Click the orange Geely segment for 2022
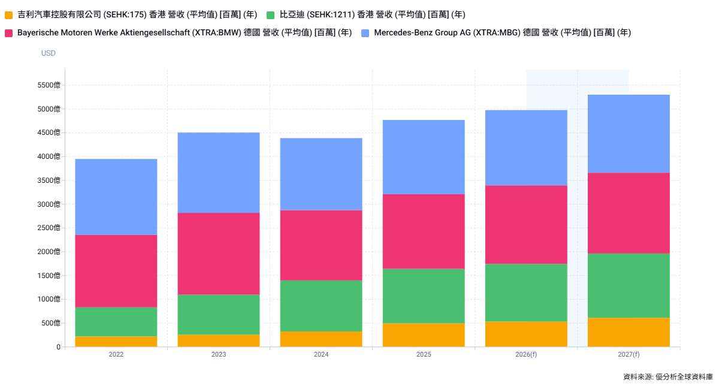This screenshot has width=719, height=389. pyautogui.click(x=116, y=342)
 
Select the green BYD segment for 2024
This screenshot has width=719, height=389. pyautogui.click(x=321, y=306)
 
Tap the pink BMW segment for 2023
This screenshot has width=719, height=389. pyautogui.click(x=219, y=254)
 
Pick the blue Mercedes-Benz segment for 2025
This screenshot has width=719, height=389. pyautogui.click(x=424, y=157)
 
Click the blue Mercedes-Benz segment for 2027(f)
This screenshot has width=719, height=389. pyautogui.click(x=629, y=134)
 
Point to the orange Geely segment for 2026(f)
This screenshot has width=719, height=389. pyautogui.click(x=526, y=334)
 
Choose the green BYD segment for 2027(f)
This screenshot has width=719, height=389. pyautogui.click(x=629, y=285)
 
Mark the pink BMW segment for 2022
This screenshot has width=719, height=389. pyautogui.click(x=116, y=271)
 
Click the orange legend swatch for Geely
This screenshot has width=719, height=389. pyautogui.click(x=8, y=15)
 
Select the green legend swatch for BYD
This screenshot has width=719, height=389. pyautogui.click(x=271, y=15)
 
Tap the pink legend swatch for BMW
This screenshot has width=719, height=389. pyautogui.click(x=8, y=33)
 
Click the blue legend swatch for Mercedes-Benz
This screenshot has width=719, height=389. pyautogui.click(x=365, y=33)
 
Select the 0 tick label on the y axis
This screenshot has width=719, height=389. pyautogui.click(x=58, y=347)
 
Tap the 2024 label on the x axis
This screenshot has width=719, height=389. pyautogui.click(x=321, y=355)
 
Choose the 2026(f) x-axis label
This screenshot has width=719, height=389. pyautogui.click(x=526, y=355)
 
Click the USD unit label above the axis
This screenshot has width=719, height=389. pyautogui.click(x=49, y=53)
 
